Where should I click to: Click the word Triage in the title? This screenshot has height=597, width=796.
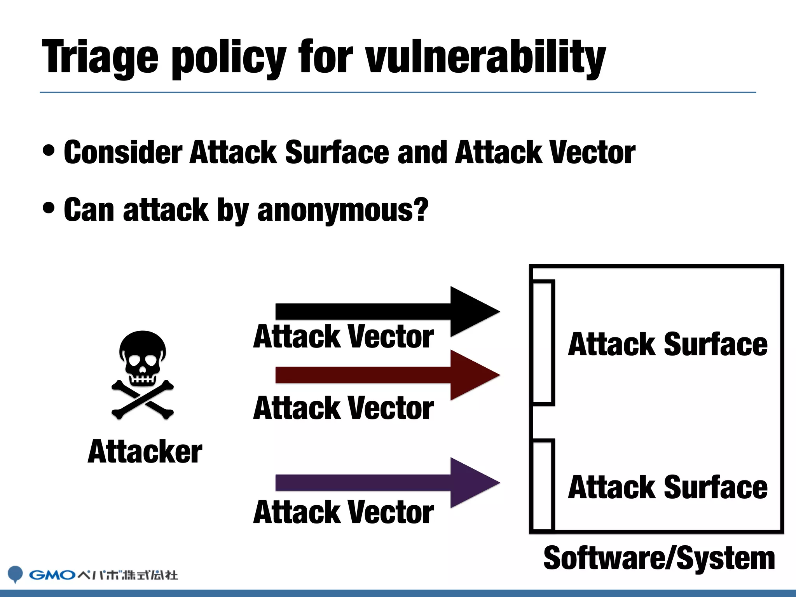(x=100, y=58)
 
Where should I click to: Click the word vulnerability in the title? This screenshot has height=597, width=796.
(x=485, y=58)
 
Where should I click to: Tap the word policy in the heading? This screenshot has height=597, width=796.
(x=229, y=58)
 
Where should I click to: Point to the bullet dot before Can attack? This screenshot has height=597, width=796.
(x=49, y=208)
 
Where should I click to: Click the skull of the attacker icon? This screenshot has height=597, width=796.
(x=143, y=356)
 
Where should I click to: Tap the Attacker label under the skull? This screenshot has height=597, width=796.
(x=145, y=452)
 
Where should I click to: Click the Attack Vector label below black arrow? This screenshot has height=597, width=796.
(x=343, y=337)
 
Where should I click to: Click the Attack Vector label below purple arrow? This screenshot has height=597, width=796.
(x=343, y=512)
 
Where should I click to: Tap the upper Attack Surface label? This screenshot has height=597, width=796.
(x=667, y=344)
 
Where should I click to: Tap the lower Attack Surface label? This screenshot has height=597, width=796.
(x=667, y=487)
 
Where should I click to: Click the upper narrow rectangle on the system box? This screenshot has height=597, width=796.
(x=543, y=342)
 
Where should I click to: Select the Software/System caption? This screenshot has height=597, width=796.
(x=659, y=559)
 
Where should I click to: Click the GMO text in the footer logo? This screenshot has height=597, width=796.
(x=52, y=575)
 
